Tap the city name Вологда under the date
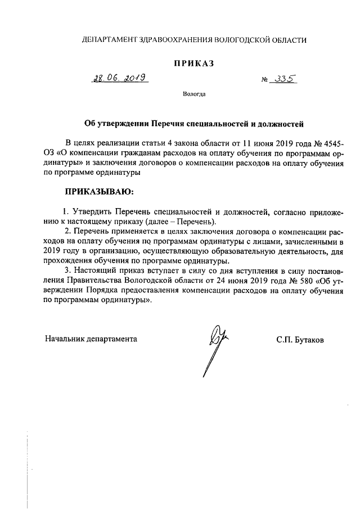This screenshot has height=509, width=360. [194, 94]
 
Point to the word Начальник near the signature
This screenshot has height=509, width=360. [65, 339]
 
